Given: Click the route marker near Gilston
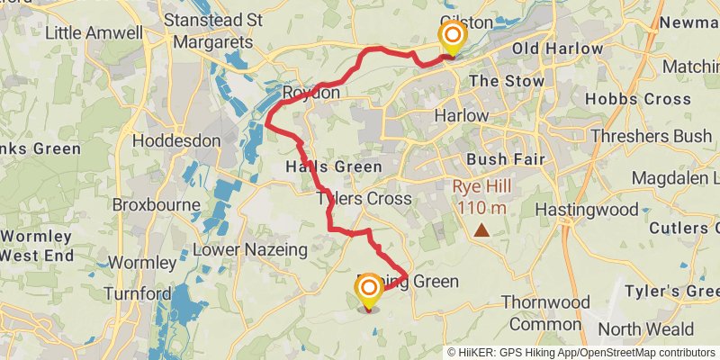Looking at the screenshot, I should [x=452, y=37].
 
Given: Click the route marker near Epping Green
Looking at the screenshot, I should [x=369, y=290].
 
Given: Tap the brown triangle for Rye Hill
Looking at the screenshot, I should [x=482, y=230].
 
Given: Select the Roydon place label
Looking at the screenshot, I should [x=311, y=93].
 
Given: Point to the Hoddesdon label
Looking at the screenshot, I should [x=176, y=141].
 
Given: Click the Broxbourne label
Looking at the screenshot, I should [x=157, y=204].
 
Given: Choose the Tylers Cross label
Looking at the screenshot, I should [x=364, y=198].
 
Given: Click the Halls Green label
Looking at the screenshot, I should [x=334, y=167].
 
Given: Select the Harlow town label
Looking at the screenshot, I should [x=461, y=116].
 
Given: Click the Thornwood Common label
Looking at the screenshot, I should [x=542, y=312].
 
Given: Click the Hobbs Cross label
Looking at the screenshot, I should [x=627, y=98].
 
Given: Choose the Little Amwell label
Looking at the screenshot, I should [x=94, y=33].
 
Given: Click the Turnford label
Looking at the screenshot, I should [x=137, y=293].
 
